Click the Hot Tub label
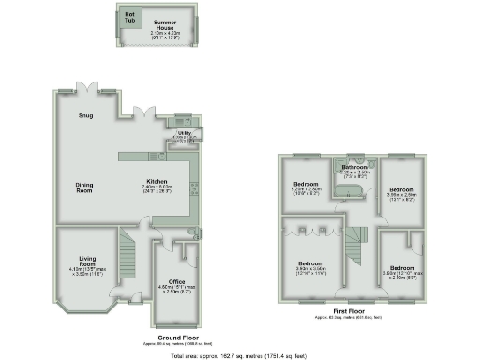(x=129, y=17)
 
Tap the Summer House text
(x=166, y=25)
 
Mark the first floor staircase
(x=355, y=245)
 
